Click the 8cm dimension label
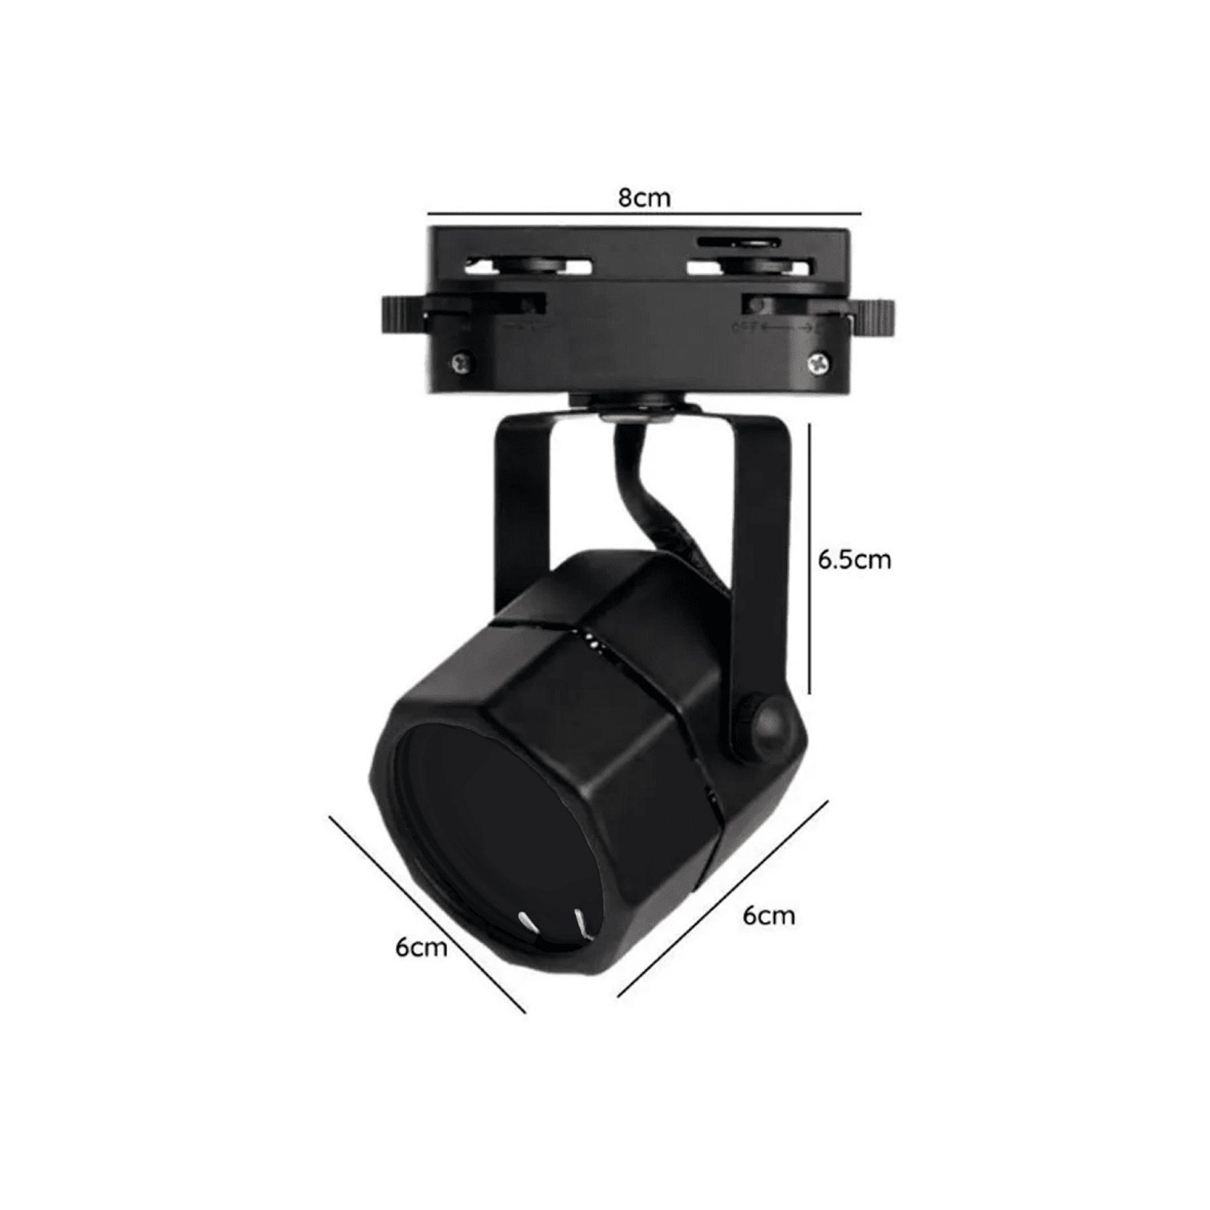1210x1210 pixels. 644,198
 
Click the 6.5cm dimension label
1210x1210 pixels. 854,561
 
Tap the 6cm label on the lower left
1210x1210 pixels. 421,947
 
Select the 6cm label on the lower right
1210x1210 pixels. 768,916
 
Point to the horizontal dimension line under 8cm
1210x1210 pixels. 644,214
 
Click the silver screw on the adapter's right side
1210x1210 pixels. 817,363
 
